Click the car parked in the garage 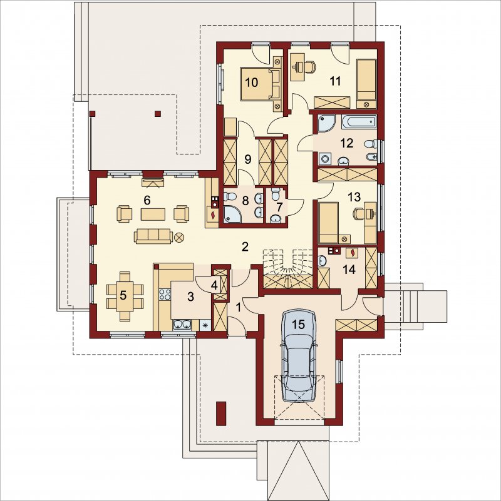(299, 355)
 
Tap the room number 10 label (252, 83)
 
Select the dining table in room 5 (123, 296)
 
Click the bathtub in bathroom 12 (358, 122)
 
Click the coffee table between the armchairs (153, 214)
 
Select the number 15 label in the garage (298, 325)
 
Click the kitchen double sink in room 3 (182, 325)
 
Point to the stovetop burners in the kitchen (165, 295)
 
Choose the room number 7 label (279, 207)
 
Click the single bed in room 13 (329, 223)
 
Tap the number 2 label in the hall (245, 246)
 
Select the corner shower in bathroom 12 (326, 123)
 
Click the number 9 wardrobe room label (247, 159)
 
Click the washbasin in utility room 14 (322, 261)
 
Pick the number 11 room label (335, 81)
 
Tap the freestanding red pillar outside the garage (220, 413)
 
